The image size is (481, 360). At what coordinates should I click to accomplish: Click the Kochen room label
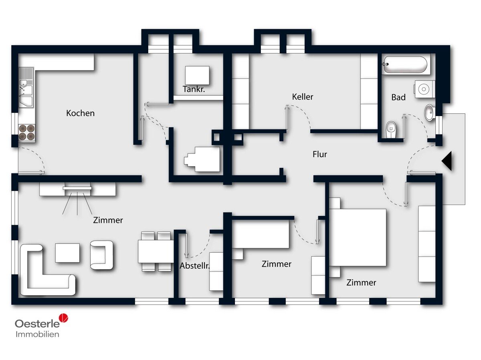[80, 113]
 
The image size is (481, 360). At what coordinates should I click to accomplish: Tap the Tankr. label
[194, 89]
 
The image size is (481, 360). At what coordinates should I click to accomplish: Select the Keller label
[302, 97]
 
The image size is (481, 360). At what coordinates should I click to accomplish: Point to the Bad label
[398, 97]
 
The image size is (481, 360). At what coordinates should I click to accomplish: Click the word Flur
[320, 155]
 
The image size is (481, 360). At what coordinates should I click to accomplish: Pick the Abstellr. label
[194, 265]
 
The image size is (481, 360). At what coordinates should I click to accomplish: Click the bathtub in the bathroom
[405, 64]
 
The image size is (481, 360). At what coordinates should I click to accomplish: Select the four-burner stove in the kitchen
[27, 133]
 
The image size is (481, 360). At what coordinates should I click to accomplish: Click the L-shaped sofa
[46, 271]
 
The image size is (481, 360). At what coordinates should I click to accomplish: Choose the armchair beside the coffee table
[102, 255]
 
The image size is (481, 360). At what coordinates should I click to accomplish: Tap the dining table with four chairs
[156, 251]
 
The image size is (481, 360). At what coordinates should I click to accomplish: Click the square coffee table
[67, 253]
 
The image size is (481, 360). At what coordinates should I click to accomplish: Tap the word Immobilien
[37, 334]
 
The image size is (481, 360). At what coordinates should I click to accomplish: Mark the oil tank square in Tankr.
[197, 76]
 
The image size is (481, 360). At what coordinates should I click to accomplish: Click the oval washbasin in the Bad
[429, 113]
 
